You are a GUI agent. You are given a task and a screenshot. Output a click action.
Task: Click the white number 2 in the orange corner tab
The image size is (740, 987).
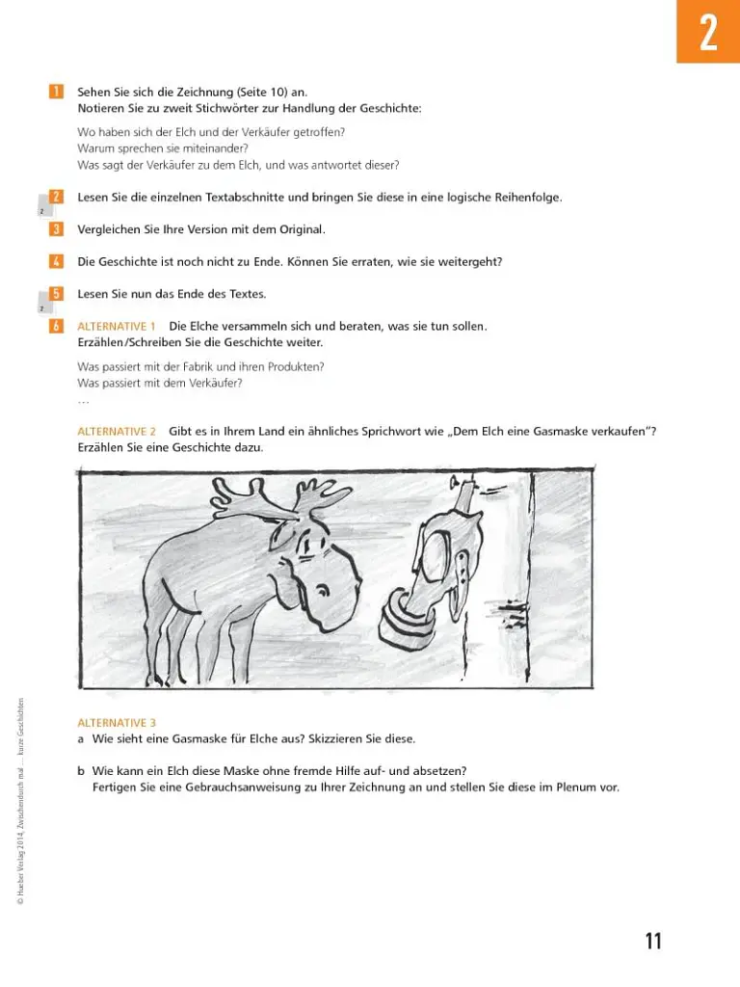click(708, 33)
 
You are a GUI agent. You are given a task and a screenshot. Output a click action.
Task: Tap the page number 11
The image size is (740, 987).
click(653, 941)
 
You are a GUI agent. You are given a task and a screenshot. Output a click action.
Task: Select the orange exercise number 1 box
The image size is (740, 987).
click(56, 92)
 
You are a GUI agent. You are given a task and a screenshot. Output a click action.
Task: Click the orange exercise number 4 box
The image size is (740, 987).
click(56, 261)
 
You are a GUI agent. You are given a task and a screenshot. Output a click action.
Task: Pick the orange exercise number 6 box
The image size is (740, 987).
click(56, 326)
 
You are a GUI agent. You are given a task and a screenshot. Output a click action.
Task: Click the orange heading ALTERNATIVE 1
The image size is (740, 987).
click(117, 326)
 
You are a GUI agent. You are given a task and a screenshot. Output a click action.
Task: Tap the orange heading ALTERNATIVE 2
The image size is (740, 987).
click(117, 431)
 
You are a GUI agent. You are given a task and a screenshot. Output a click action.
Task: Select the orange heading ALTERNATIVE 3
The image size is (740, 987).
click(117, 723)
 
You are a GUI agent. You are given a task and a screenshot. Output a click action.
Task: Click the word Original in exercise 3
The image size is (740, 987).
click(302, 229)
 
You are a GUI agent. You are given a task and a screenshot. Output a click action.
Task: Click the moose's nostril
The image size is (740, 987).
click(324, 591)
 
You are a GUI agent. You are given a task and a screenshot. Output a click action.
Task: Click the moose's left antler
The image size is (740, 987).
click(242, 497)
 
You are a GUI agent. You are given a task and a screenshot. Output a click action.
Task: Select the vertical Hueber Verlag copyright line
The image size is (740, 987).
click(21, 802)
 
